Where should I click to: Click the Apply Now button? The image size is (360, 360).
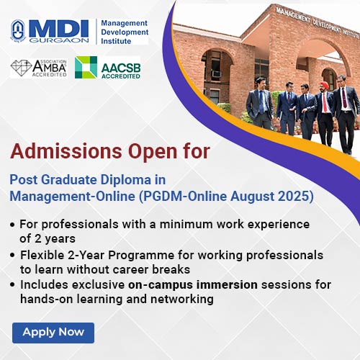click(53, 333)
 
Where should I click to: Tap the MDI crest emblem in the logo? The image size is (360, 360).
click(18, 31)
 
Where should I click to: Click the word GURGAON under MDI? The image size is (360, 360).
click(59, 40)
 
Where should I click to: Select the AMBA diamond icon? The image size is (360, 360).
click(21, 68)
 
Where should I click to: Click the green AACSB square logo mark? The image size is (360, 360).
click(86, 68)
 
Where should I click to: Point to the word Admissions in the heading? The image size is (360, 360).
click(66, 151)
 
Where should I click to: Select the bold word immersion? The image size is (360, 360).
click(227, 285)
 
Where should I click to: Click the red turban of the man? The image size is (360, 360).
click(325, 84)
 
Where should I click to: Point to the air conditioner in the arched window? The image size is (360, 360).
click(216, 73)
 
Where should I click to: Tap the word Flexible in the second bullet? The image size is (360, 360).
click(42, 255)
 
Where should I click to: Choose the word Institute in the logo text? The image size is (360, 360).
click(116, 41)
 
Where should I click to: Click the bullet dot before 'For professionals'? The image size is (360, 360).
click(12, 225)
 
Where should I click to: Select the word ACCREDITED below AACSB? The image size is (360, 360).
click(121, 76)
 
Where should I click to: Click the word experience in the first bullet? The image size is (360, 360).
click(279, 225)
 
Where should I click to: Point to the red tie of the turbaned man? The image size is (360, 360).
click(325, 102)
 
